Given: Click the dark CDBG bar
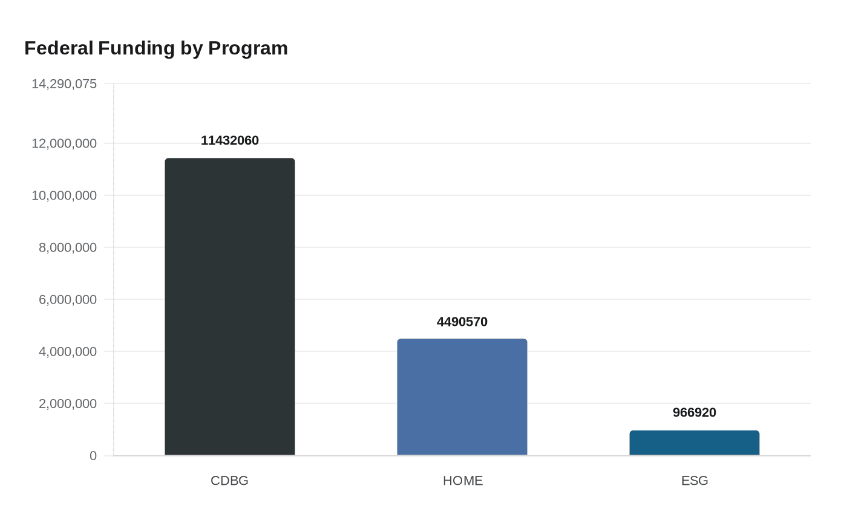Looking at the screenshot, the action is pos(230,307).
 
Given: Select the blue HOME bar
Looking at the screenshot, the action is pos(462,397).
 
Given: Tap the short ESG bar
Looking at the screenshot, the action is pos(695,443).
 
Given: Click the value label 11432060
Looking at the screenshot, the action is pos(230,140).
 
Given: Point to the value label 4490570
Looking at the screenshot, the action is pos(462,322).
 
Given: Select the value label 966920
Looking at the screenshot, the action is pos(695,412).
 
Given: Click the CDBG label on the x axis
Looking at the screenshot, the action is pos(229,481).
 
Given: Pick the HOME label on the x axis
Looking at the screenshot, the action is pos(463,481).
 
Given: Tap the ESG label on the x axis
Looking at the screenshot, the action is pos(695,481).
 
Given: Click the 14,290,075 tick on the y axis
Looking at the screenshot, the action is pos(64,84).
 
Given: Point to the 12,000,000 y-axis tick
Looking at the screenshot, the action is pos(64,144).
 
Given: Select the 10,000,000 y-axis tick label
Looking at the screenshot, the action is pos(64,196).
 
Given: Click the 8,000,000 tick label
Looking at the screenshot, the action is pos(68,248).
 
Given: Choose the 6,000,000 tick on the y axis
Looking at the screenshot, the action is pos(68,300).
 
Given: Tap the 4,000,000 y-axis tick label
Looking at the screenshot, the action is pos(68,352).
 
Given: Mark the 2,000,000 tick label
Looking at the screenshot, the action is pos(68,404).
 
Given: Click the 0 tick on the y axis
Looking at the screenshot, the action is pos(93,456).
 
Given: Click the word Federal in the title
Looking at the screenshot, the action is pos(59,48).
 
